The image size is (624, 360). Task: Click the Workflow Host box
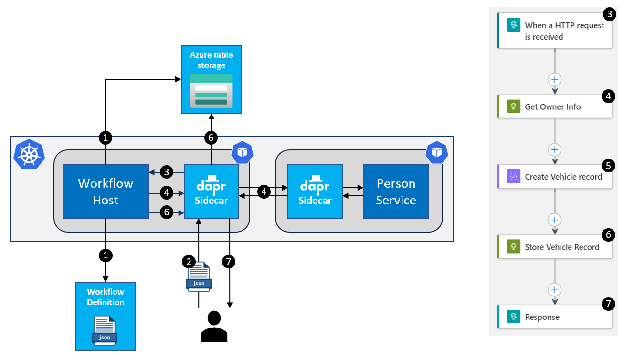pyautogui.click(x=106, y=191)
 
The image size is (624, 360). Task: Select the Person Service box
pyautogui.click(x=396, y=191)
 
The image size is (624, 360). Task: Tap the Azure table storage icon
pyautogui.click(x=211, y=91)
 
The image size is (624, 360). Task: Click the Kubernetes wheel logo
pyautogui.click(x=29, y=154)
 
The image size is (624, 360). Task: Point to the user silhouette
pyautogui.click(x=214, y=326)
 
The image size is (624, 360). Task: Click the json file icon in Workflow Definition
pyautogui.click(x=105, y=330)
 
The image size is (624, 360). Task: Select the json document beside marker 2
pyautogui.click(x=199, y=277)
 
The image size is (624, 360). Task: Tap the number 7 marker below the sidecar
pyautogui.click(x=229, y=262)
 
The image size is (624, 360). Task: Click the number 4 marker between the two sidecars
pyautogui.click(x=264, y=192)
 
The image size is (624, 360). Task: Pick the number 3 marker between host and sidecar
pyautogui.click(x=167, y=172)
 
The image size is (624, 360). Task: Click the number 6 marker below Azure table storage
pyautogui.click(x=211, y=138)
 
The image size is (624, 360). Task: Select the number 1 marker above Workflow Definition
pyautogui.click(x=106, y=255)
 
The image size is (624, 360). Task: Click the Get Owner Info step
pyautogui.click(x=555, y=106)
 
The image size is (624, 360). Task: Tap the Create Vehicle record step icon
pyautogui.click(x=513, y=176)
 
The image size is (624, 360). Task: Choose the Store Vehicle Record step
pyautogui.click(x=555, y=246)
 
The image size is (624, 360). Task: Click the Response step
pyautogui.click(x=555, y=317)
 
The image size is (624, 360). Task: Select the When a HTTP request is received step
pyautogui.click(x=555, y=31)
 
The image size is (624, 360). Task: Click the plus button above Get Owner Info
pyautogui.click(x=555, y=80)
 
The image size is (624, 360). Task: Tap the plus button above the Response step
pyautogui.click(x=555, y=290)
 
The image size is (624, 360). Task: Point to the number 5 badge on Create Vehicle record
pyautogui.click(x=608, y=166)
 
